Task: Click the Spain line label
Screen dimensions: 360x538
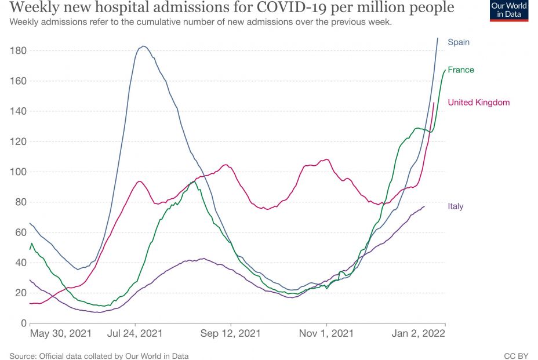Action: [x=458, y=42]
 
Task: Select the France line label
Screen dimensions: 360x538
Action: [x=460, y=70]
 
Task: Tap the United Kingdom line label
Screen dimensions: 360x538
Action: [x=478, y=103]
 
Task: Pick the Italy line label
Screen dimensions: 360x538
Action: [x=455, y=206]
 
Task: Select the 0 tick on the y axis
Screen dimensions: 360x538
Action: [x=23, y=323]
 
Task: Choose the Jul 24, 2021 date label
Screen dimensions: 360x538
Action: [x=135, y=334]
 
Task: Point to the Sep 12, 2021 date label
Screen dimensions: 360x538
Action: [x=231, y=334]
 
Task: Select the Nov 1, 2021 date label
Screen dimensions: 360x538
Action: [x=326, y=334]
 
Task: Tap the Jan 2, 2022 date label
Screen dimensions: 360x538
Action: [x=417, y=334]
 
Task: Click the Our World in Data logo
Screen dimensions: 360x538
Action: [x=508, y=10]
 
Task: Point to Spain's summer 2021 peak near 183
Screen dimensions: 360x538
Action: [x=143, y=46]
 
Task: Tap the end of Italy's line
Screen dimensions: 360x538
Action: [x=424, y=206]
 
